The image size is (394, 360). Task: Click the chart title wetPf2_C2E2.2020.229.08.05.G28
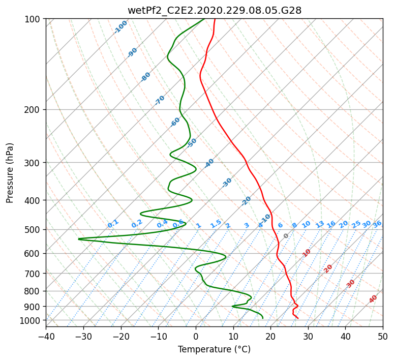214,10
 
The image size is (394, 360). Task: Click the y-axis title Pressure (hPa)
10,172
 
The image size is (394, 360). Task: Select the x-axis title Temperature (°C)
214,349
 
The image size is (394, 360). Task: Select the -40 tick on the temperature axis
46,336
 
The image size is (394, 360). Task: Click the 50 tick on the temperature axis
383,336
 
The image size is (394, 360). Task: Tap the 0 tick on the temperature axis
196,336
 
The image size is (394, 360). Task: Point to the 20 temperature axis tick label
270,336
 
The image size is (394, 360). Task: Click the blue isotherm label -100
121,26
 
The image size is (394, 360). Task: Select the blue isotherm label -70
160,100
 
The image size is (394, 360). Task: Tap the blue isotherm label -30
227,183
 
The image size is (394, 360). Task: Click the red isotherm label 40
373,299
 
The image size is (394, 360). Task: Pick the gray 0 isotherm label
286,236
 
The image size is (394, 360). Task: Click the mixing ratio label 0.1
113,224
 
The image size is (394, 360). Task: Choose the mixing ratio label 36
377,224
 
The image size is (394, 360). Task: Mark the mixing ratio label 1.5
216,224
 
